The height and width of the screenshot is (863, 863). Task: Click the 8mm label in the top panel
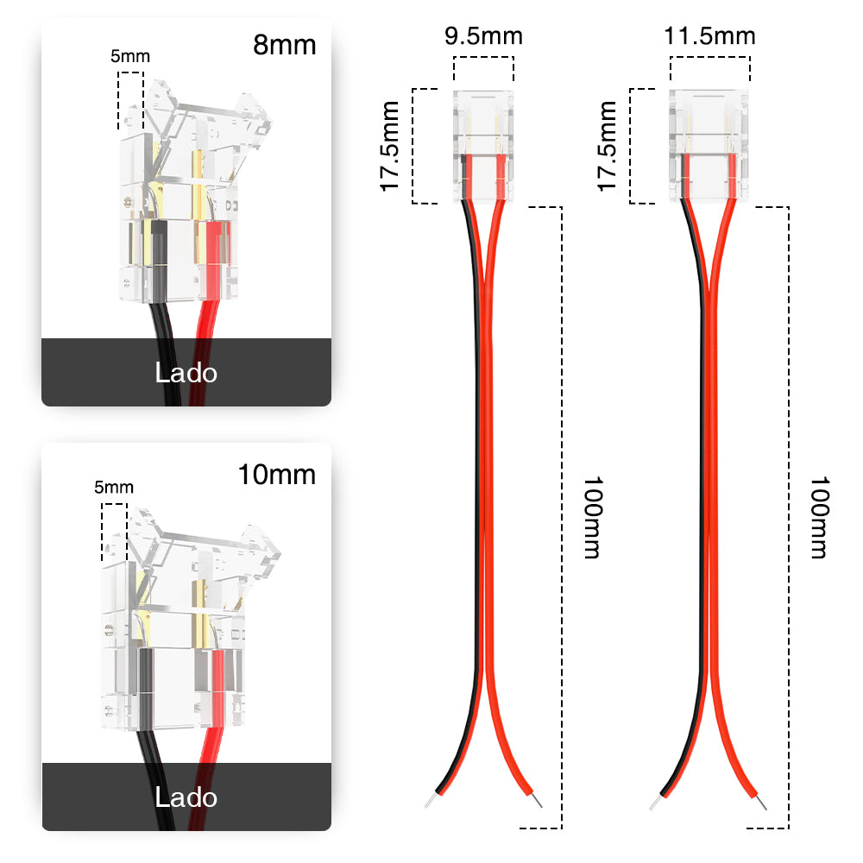[x=284, y=45]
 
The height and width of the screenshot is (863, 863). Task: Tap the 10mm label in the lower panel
[x=277, y=475]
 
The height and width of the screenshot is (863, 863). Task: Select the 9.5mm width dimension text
[x=483, y=37]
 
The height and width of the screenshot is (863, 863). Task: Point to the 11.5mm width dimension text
[x=709, y=36]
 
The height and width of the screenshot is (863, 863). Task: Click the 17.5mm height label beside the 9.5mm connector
[x=392, y=146]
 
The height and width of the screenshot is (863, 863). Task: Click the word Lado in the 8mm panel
[x=186, y=373]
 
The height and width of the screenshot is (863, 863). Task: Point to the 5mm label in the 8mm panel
[x=130, y=57]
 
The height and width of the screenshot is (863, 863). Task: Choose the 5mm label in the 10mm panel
[x=114, y=488]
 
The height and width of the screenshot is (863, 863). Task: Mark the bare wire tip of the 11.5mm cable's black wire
[x=655, y=803]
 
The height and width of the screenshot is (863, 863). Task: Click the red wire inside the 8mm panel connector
[x=211, y=259]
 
